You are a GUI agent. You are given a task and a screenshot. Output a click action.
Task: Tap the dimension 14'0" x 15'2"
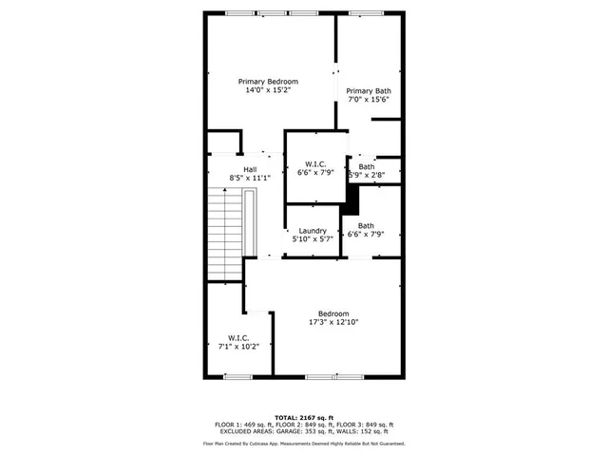[x=268, y=91]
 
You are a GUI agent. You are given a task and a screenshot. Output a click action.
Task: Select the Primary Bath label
[x=368, y=91]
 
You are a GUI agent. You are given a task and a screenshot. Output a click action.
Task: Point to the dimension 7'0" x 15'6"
[x=368, y=100]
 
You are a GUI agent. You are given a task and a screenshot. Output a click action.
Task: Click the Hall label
[x=250, y=169]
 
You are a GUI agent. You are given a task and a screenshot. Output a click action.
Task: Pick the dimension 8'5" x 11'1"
[x=250, y=179]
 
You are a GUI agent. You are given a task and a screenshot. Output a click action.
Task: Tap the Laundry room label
[x=313, y=231]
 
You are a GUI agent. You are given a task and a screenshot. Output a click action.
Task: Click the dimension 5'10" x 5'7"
[x=313, y=239]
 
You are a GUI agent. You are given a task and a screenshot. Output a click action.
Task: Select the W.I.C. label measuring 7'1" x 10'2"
[x=238, y=337]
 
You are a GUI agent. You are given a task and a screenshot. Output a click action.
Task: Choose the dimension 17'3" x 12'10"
[x=332, y=323]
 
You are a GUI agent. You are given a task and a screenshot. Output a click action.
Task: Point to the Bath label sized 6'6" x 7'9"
[x=366, y=226]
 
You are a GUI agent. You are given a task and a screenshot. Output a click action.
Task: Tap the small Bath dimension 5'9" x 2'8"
[x=367, y=176]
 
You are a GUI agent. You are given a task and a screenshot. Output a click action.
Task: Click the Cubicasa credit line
[x=304, y=444]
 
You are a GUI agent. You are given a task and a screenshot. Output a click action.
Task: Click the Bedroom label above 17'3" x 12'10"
[x=332, y=314]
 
